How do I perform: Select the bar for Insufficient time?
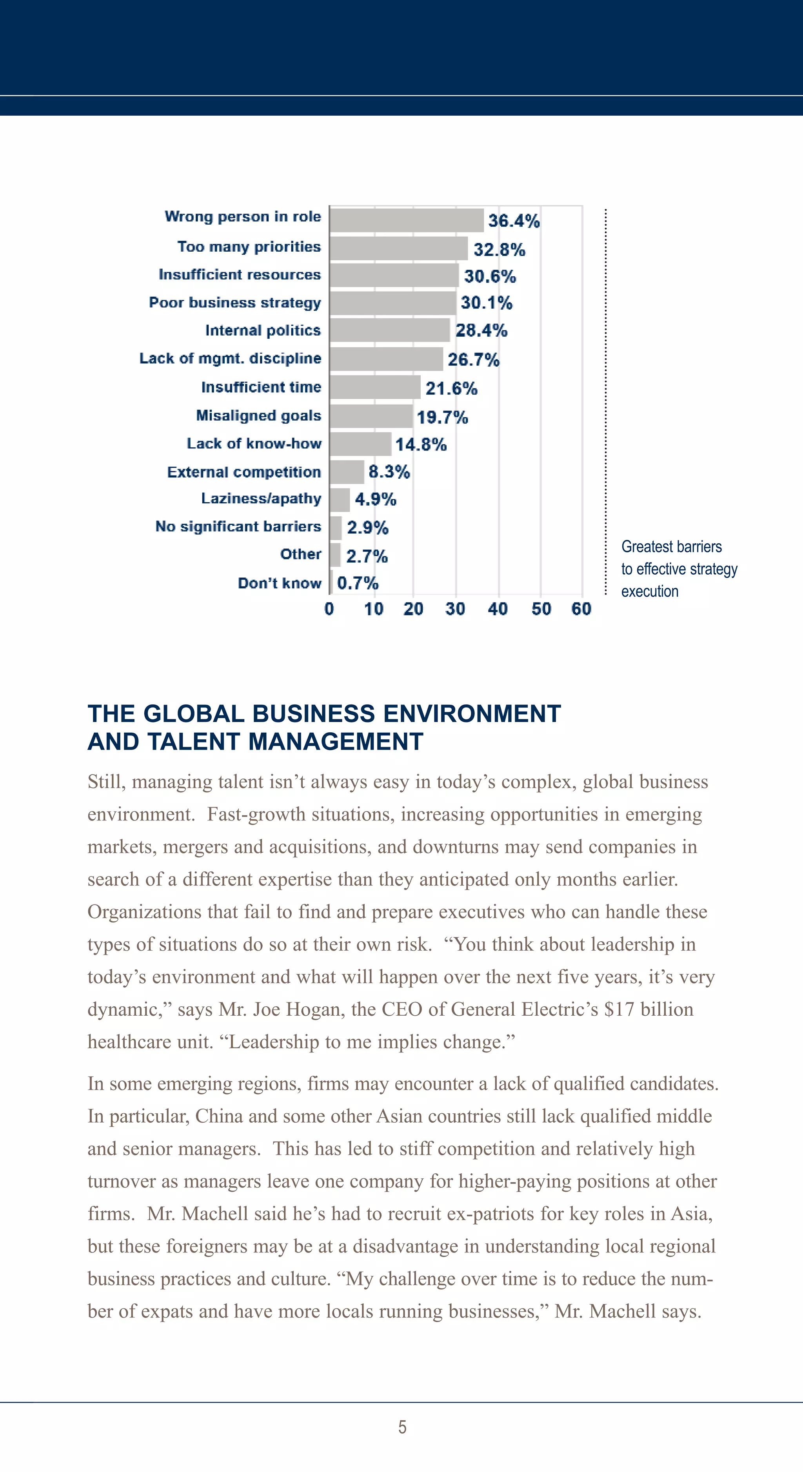pos(375,387)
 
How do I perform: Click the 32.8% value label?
pos(499,250)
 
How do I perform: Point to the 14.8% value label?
pos(421,445)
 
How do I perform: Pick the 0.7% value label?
pos(357,583)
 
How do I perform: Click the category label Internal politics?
pos(263,330)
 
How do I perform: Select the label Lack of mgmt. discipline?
pos(230,358)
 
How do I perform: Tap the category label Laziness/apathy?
pos(261,498)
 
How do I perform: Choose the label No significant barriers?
pos(238,526)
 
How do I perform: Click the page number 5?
pos(402,1427)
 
